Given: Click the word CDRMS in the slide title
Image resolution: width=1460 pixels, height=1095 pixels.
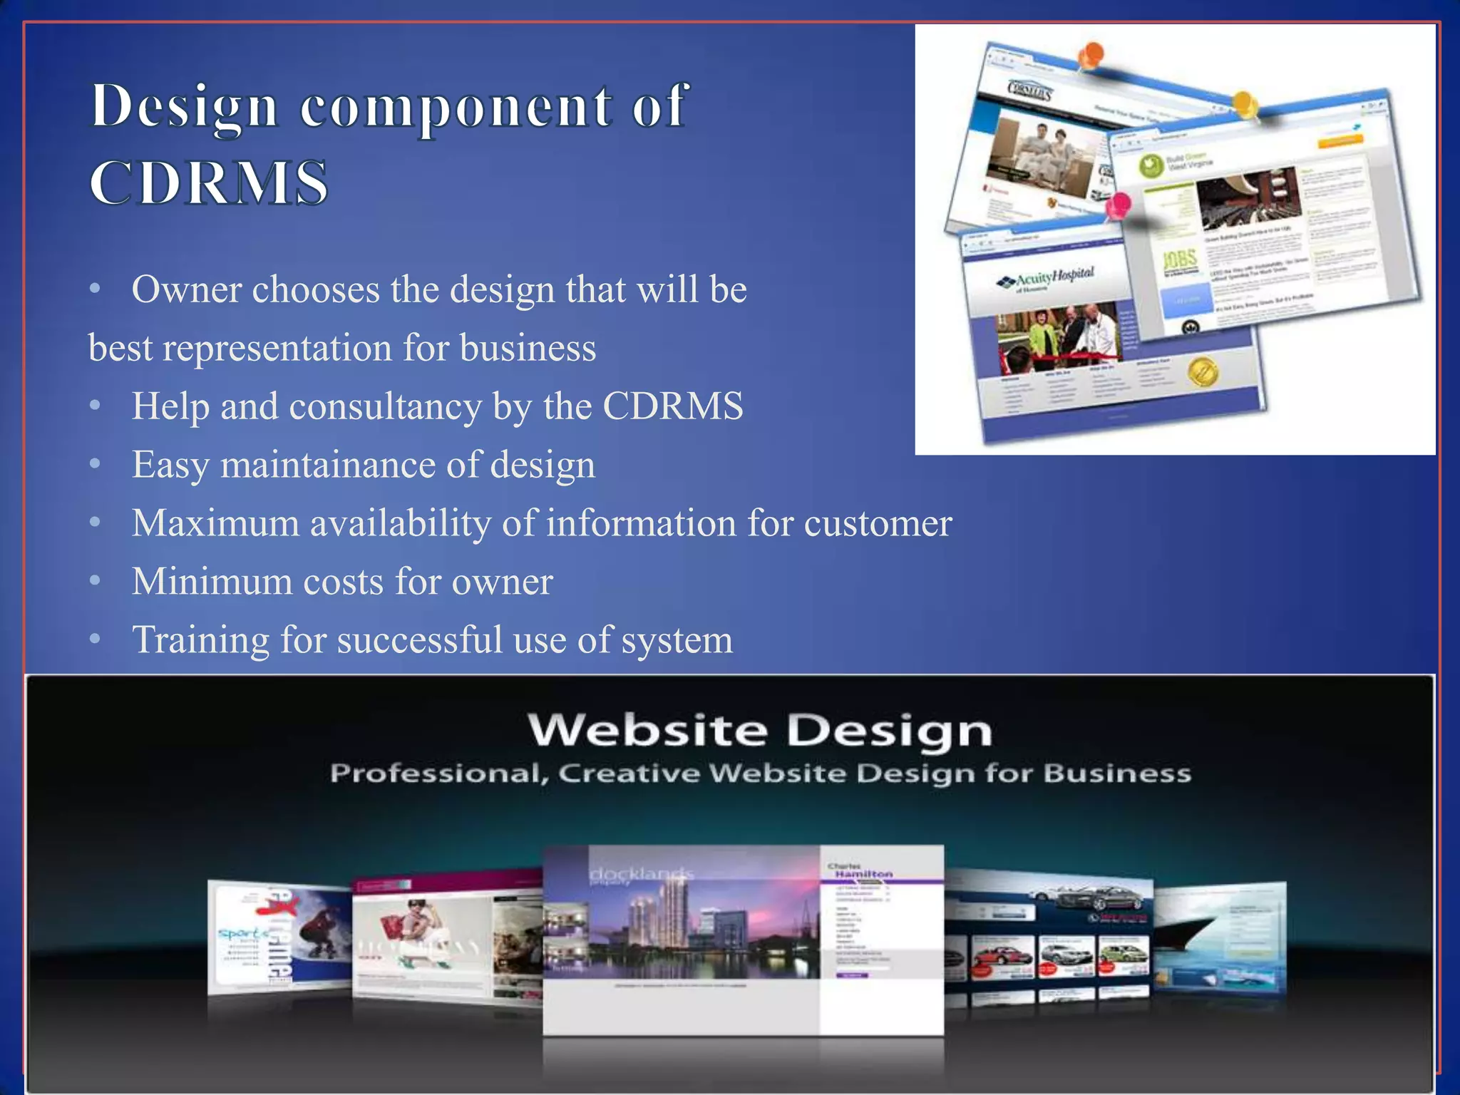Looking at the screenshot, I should pyautogui.click(x=208, y=183).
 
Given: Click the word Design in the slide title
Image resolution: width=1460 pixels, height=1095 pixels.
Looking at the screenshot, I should pyautogui.click(x=184, y=107).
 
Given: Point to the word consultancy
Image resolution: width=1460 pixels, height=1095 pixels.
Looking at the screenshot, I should pyautogui.click(x=386, y=406).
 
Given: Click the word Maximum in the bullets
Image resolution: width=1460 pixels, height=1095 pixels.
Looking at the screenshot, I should pyautogui.click(x=215, y=523).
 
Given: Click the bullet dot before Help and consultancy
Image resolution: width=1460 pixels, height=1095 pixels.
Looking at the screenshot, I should pyautogui.click(x=96, y=406).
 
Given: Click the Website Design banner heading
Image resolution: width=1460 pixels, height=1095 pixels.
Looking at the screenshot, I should pyautogui.click(x=760, y=731).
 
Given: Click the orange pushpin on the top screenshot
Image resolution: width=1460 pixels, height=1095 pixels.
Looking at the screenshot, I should pyautogui.click(x=1091, y=54).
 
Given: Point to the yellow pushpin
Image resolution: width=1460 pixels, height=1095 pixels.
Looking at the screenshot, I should pyautogui.click(x=1245, y=104).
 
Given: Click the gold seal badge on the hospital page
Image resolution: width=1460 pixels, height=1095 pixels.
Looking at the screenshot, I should pyautogui.click(x=1203, y=371).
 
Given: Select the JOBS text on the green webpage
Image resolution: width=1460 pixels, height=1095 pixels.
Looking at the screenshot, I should pyautogui.click(x=1180, y=261).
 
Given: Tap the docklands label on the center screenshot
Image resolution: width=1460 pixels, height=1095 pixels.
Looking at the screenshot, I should pyautogui.click(x=640, y=874).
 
